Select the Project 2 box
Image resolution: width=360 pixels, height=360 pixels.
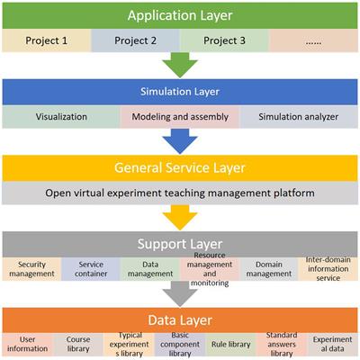(135, 41)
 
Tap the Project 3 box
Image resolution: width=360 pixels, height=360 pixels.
(223, 41)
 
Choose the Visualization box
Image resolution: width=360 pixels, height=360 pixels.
(61, 117)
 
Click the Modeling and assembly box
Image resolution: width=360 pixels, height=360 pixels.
(180, 117)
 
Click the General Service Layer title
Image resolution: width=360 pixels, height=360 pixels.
(180, 168)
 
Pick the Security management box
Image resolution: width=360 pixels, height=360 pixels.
(31, 268)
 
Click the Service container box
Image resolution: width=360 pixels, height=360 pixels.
(91, 268)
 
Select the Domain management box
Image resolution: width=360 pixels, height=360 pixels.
(269, 268)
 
